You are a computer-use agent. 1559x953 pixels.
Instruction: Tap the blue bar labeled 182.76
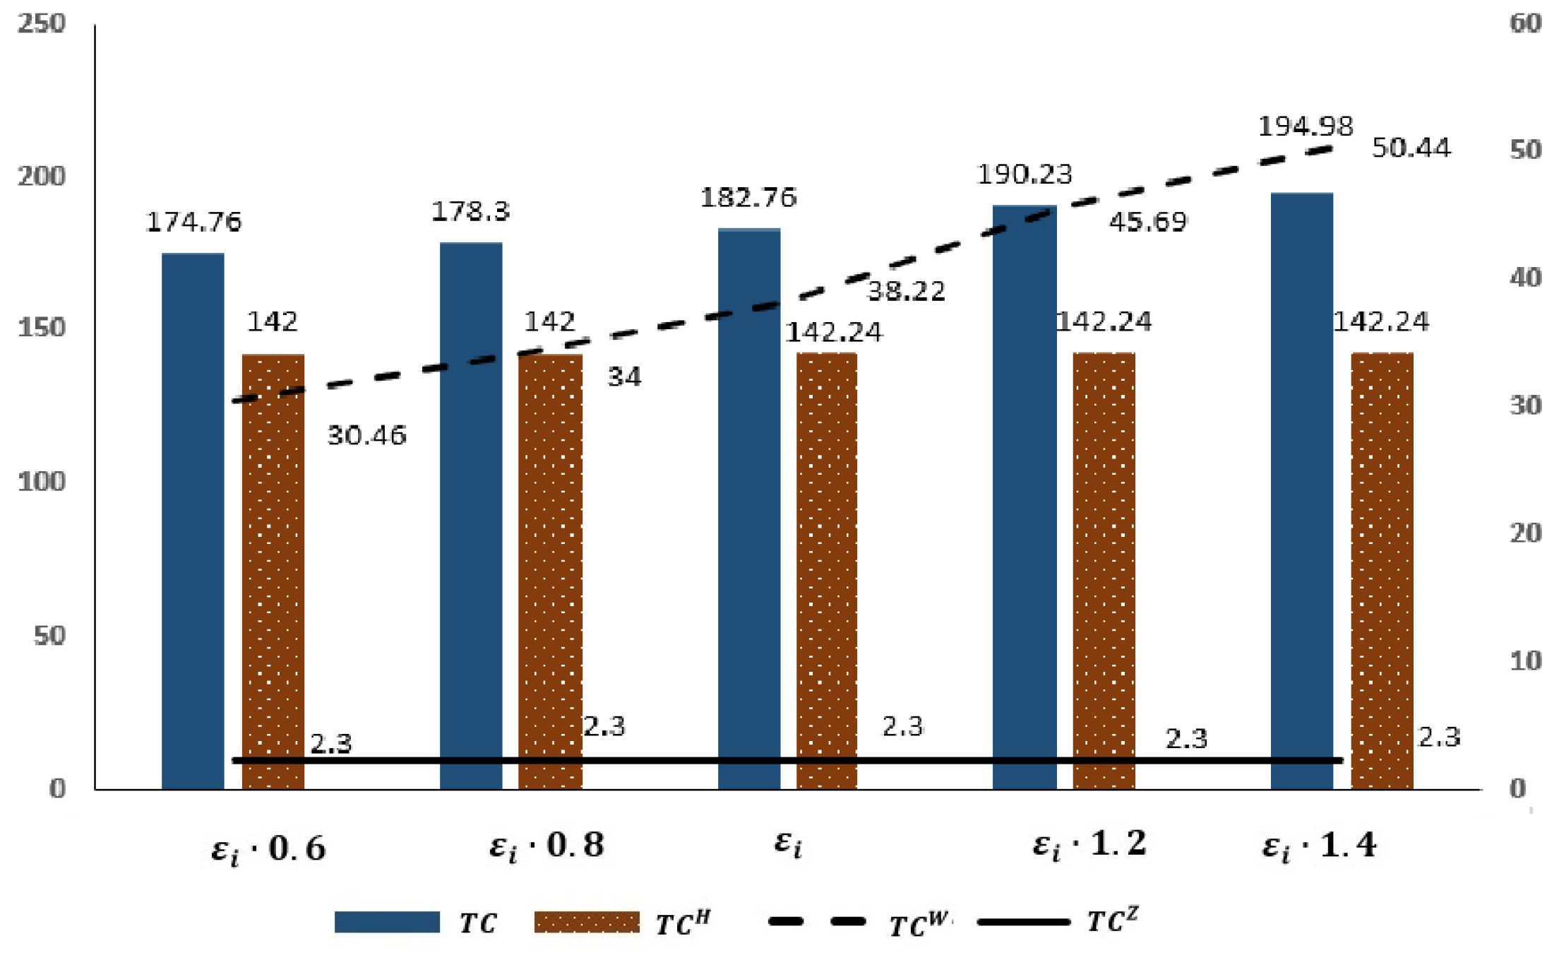[749, 509]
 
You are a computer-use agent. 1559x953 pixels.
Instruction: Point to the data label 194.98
[1306, 127]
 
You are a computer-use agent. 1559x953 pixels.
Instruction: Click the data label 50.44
[1411, 148]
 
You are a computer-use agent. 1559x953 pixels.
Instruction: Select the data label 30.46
[366, 435]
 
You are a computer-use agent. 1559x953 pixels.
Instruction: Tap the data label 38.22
[906, 291]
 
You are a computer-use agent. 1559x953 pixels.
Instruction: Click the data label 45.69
[1147, 222]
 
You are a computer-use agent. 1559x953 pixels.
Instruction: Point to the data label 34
[624, 377]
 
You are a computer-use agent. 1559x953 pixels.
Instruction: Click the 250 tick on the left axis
[42, 23]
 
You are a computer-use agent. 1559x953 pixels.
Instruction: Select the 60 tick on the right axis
[1525, 23]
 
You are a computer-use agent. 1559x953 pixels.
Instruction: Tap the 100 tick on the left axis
[42, 482]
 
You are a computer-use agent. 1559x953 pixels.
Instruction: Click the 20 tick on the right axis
[1525, 533]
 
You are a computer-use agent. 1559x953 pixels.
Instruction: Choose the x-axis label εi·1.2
[1089, 844]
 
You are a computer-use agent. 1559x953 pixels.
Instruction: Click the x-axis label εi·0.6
[268, 848]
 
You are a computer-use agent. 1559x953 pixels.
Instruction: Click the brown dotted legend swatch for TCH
[586, 922]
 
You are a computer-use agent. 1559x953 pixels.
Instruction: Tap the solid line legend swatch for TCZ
[1023, 921]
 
